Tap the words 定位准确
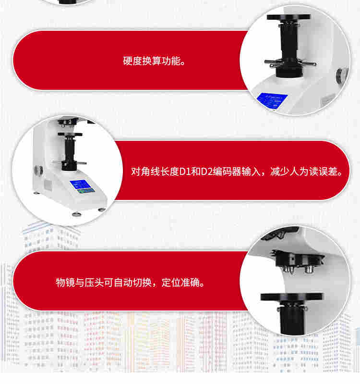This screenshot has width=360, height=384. click(181, 283)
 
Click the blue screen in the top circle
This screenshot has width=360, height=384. click(272, 99)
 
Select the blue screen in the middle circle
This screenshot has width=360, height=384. click(82, 186)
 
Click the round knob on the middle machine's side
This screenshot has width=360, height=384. click(38, 170)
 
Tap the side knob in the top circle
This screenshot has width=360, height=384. click(342, 74)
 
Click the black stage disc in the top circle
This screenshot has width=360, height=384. click(288, 17)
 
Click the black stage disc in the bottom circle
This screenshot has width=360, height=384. click(291, 297)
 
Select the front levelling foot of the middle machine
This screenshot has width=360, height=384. click(77, 214)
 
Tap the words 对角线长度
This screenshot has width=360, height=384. click(155, 172)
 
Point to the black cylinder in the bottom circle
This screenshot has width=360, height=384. click(292, 318)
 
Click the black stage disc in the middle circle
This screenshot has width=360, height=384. click(70, 134)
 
